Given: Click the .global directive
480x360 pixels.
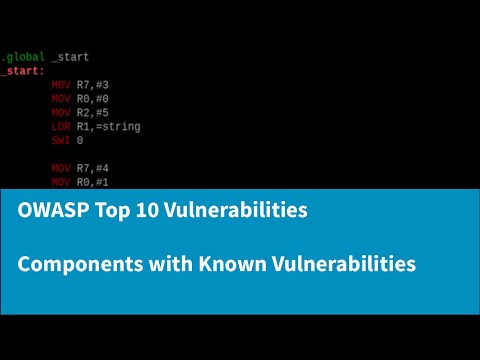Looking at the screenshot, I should coord(21,58).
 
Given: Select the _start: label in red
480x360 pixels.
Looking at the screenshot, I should coord(22,72).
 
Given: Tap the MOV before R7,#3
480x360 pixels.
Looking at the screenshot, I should coord(61,86).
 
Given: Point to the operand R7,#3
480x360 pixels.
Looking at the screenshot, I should coord(94,86).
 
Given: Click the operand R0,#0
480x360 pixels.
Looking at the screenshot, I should coord(94,100).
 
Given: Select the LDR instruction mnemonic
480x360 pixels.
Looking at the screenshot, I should coord(61,127).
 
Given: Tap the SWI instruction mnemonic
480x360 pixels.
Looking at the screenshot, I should coord(61,141).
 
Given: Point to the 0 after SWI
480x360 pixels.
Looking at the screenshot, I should coord(80,141).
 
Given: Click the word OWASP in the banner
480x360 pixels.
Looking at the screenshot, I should coord(47,212).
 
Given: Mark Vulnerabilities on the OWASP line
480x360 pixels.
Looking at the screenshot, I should coord(229,212).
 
